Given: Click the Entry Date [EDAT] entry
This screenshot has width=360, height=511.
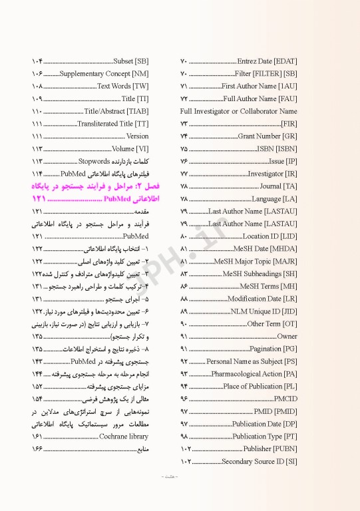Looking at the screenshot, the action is (x=267, y=61).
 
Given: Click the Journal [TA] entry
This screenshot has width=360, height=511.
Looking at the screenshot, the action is (x=279, y=186).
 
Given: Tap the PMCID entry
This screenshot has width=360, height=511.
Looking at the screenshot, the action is (x=287, y=399).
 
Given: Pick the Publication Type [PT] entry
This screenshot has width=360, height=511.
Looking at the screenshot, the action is (x=266, y=436).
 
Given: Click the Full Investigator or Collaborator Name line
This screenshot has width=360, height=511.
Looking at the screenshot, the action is (x=238, y=111).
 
